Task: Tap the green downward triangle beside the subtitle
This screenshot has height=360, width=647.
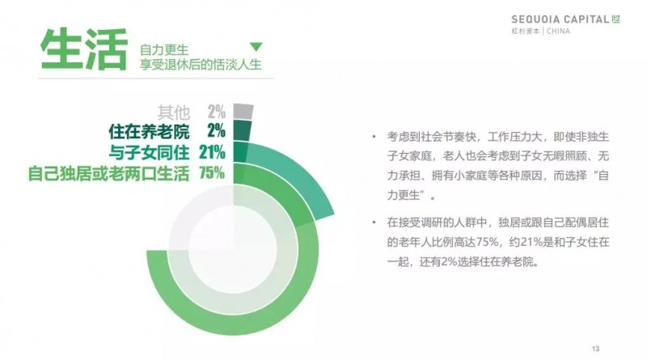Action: click(256, 47)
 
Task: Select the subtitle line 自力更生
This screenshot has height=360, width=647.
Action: click(164, 50)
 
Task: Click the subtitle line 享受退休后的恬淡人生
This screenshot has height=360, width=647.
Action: click(201, 65)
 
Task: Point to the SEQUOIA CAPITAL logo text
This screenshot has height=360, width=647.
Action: click(560, 19)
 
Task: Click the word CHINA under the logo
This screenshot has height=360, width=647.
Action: click(558, 31)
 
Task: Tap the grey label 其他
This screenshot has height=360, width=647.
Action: click(174, 112)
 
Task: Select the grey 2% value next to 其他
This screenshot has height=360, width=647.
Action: click(216, 112)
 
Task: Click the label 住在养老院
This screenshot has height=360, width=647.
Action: click(150, 132)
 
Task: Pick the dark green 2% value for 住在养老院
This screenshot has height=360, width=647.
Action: click(216, 131)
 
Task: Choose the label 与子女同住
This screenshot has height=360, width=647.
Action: click(150, 152)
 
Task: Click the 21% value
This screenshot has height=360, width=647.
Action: click(212, 152)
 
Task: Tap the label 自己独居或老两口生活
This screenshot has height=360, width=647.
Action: click(108, 173)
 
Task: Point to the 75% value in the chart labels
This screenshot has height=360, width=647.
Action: click(212, 172)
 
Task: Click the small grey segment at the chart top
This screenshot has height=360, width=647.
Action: click(243, 112)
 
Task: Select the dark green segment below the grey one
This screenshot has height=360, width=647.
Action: click(242, 130)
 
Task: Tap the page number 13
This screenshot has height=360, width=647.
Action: click(595, 349)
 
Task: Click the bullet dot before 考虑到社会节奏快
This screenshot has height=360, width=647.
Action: click(374, 136)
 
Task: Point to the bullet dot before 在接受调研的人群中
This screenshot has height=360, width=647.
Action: click(374, 222)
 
